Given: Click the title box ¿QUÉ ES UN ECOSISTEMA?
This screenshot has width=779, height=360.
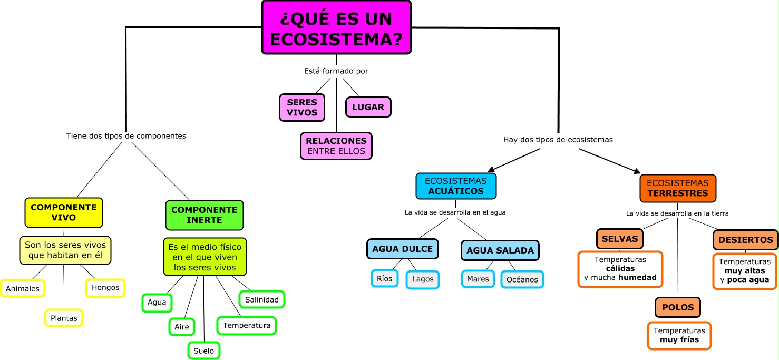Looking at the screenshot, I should (336, 27).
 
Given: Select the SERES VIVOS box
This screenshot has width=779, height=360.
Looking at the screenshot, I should (302, 108).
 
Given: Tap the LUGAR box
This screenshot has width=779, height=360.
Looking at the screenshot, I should (368, 107).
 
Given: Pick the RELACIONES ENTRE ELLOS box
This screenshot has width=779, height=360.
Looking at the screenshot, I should (336, 146).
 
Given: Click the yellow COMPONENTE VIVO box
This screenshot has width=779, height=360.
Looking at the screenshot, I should (64, 212).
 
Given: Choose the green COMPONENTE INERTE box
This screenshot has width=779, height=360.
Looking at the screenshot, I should (205, 215).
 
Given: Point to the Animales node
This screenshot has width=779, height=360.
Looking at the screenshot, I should (23, 289).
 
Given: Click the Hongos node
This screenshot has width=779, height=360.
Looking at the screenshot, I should (105, 288).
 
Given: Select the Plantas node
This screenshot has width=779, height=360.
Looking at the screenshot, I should (64, 318).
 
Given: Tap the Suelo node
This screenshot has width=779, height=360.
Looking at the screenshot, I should (204, 351).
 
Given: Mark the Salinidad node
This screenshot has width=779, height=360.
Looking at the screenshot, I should (262, 299).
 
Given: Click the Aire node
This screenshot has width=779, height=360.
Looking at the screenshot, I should (182, 327).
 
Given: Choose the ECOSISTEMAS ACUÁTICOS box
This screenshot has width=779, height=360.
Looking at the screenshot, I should (456, 186).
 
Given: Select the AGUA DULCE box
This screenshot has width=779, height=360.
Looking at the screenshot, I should (403, 249).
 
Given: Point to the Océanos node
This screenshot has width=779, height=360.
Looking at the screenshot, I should (522, 279).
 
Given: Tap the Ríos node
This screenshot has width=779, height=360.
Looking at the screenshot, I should (385, 278).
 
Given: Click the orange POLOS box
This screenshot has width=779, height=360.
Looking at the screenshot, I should (678, 307).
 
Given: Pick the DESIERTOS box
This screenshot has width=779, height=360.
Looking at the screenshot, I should (745, 240).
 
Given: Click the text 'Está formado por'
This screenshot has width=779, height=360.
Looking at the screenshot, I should (336, 71).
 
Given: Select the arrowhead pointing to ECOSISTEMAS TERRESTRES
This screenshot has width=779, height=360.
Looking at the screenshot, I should (637, 171).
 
